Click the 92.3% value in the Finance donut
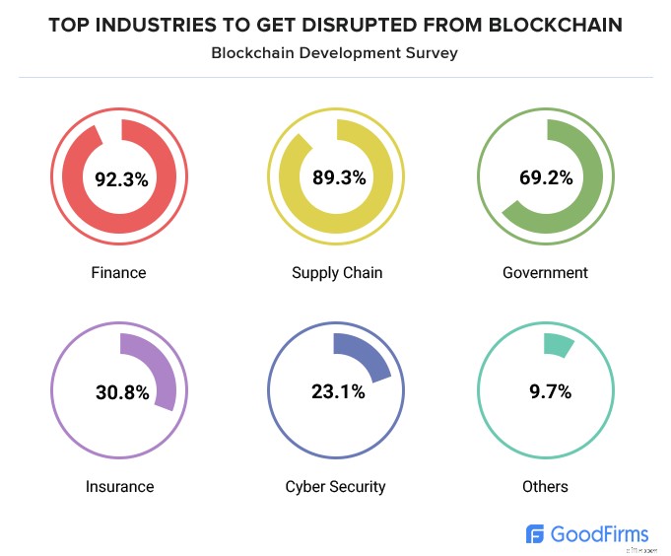pyautogui.click(x=120, y=179)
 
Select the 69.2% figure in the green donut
pyautogui.click(x=545, y=178)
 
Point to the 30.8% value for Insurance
pyautogui.click(x=122, y=392)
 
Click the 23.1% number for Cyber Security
pyautogui.click(x=338, y=391)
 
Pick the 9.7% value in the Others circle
pyautogui.click(x=545, y=391)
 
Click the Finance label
pyautogui.click(x=118, y=272)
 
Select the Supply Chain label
pyautogui.click(x=337, y=272)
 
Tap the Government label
pyautogui.click(x=545, y=272)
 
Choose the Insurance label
pyautogui.click(x=119, y=486)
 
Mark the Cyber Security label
pyautogui.click(x=335, y=486)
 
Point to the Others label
pyautogui.click(x=545, y=486)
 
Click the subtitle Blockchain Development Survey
pyautogui.click(x=335, y=53)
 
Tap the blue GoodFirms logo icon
pyautogui.click(x=536, y=534)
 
